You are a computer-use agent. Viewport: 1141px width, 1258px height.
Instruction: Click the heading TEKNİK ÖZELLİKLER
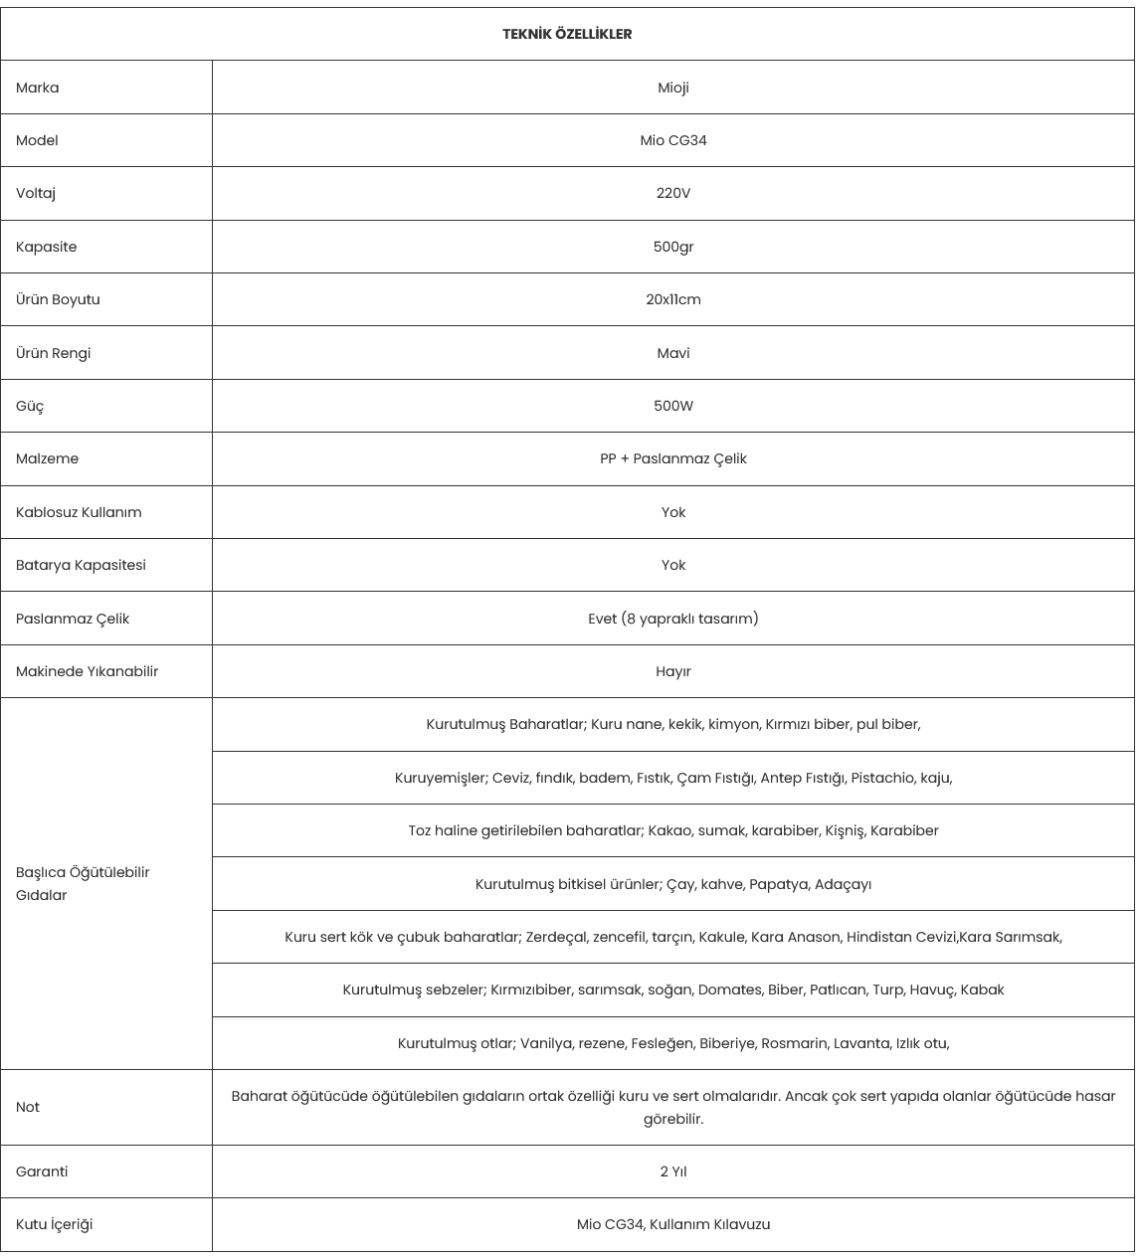click(x=567, y=34)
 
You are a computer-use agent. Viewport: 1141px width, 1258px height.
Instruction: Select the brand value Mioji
click(x=673, y=88)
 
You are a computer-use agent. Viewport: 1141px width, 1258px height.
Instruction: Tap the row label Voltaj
click(x=36, y=193)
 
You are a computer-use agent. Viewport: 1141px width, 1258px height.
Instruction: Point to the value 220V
click(x=673, y=193)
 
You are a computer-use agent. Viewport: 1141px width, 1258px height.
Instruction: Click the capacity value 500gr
click(x=673, y=247)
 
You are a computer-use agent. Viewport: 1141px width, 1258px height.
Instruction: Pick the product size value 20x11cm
click(x=673, y=299)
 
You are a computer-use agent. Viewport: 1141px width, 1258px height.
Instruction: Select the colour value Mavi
click(x=673, y=353)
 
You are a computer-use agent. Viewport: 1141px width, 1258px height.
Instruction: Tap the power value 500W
click(x=673, y=406)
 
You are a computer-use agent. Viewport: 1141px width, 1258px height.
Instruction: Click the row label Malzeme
click(x=47, y=458)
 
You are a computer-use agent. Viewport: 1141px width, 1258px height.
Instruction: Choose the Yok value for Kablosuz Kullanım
click(x=673, y=512)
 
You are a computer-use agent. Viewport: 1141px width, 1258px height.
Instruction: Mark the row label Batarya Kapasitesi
click(x=81, y=565)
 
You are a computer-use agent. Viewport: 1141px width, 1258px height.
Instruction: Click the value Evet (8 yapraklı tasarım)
click(x=673, y=619)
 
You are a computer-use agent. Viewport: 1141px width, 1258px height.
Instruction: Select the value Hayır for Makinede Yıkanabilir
click(x=673, y=671)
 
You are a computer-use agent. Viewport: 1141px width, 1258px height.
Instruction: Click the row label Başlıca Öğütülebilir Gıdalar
click(x=83, y=883)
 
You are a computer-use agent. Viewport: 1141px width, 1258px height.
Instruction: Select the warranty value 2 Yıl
click(x=673, y=1171)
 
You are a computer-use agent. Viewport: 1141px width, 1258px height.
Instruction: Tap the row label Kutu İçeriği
click(x=54, y=1224)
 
